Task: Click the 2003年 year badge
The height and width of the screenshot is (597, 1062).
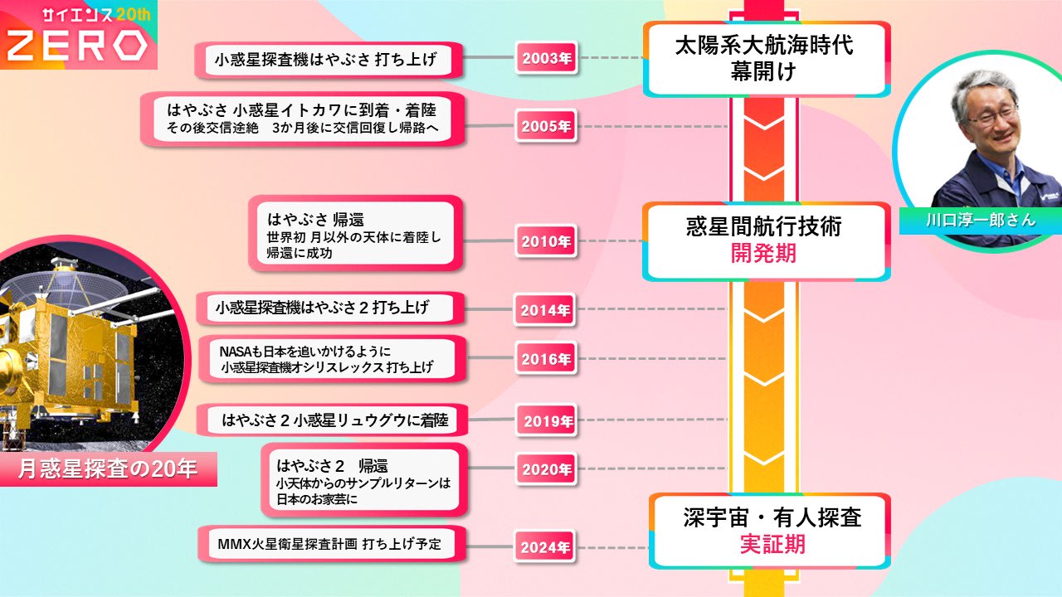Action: click(547, 59)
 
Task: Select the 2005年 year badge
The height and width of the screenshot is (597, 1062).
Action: click(547, 127)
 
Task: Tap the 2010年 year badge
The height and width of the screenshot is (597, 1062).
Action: click(547, 242)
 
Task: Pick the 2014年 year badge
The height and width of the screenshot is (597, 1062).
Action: click(545, 310)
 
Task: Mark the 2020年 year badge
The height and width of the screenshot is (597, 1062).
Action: click(547, 469)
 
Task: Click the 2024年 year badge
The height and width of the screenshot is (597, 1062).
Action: click(545, 547)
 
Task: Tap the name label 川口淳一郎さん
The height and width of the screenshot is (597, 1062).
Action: click(980, 221)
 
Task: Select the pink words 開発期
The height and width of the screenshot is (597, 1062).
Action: click(763, 254)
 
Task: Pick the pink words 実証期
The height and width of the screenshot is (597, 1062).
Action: click(772, 545)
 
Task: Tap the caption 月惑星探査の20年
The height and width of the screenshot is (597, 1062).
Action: click(108, 469)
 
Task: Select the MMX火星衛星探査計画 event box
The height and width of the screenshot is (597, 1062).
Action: click(329, 545)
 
